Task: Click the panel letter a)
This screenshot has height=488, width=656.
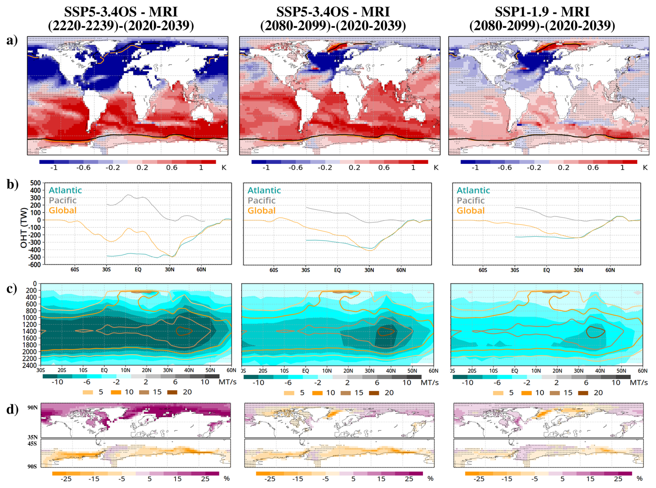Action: point(12,41)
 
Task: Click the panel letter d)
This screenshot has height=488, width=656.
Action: point(12,409)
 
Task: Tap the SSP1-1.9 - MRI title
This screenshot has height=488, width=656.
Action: point(542,12)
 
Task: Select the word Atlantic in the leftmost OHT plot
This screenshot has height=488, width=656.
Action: point(65,190)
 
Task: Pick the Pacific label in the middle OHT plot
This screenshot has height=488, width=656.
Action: point(261,200)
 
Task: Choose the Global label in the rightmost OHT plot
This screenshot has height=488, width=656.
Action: point(470,210)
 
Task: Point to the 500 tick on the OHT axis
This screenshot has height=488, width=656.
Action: point(36,183)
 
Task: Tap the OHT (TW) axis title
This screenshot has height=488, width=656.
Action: point(24,228)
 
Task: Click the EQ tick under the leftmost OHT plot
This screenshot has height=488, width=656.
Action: point(138,270)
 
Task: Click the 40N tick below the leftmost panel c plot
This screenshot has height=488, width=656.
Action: point(189,371)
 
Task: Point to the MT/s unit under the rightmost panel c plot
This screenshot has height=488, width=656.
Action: point(639,383)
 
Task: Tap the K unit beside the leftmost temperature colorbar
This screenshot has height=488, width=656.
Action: point(224,168)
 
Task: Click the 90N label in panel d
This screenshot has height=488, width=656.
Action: point(33,408)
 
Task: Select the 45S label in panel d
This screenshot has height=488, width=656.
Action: point(32,444)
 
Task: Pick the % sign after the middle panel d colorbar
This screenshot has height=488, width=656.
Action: point(430,479)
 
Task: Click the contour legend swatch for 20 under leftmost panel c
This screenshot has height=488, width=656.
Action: point(172,392)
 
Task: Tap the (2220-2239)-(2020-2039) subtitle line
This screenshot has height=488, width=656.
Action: point(121,26)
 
